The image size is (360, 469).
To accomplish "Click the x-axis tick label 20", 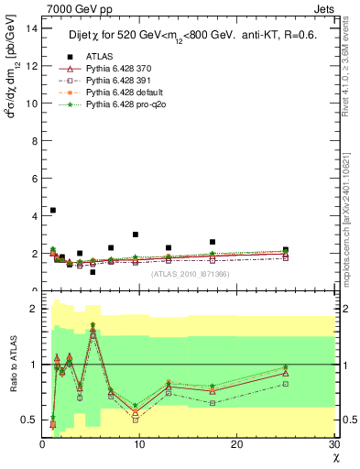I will tap(237, 445).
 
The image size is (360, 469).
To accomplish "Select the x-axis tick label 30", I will tap(333, 445).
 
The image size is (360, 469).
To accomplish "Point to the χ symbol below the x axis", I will tap(335, 457).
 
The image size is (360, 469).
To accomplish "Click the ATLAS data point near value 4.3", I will tap(52, 210).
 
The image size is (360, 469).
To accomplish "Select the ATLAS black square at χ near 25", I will tap(286, 249).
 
